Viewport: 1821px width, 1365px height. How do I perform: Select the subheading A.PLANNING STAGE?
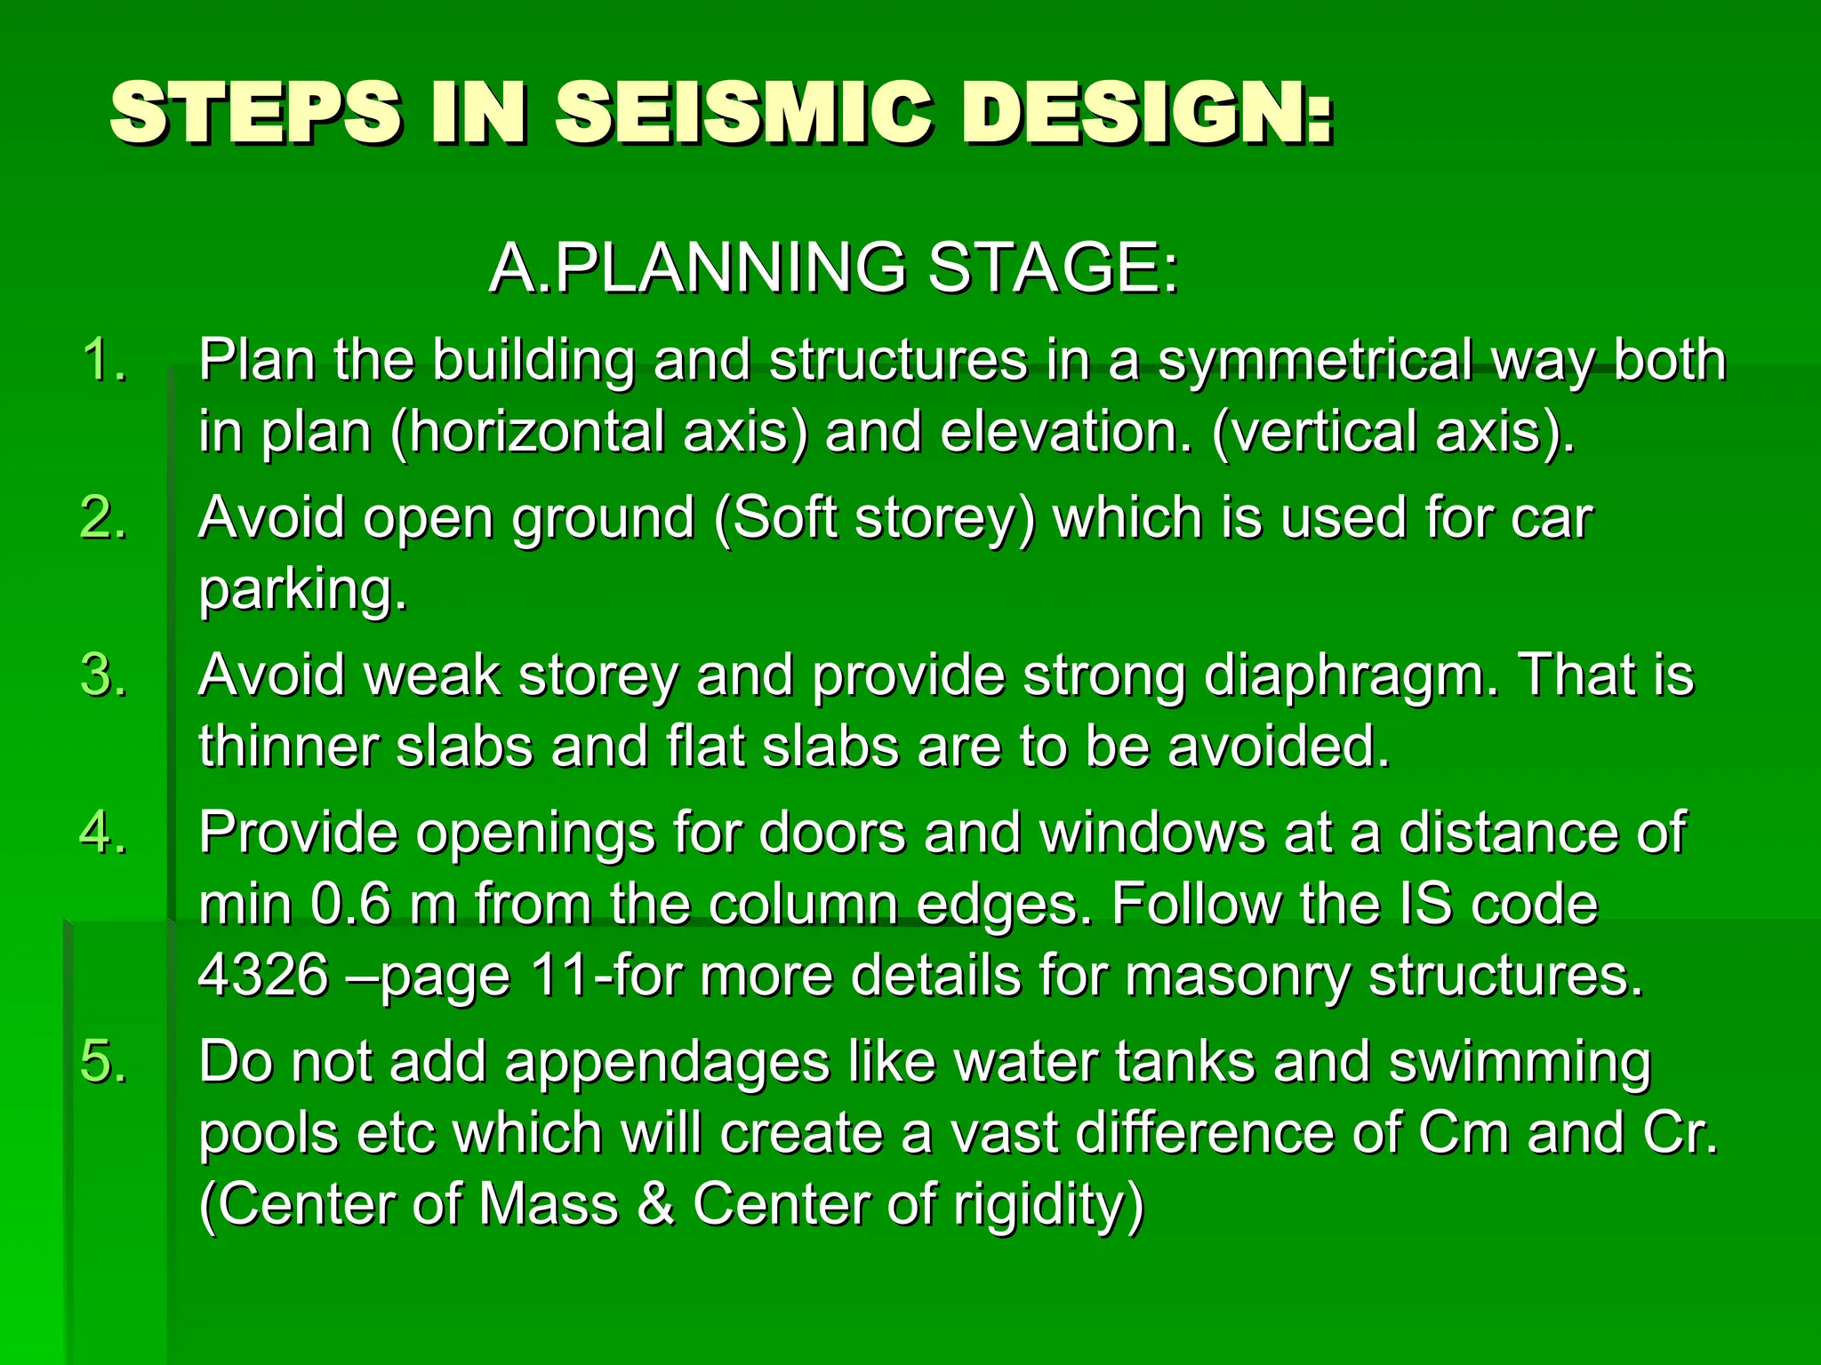click(x=833, y=267)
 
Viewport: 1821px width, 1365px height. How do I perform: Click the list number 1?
click(x=104, y=361)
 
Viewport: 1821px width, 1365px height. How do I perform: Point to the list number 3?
click(x=104, y=675)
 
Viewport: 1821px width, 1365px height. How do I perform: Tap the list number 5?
click(x=104, y=1062)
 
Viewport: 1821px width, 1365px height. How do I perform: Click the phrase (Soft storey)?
click(x=875, y=518)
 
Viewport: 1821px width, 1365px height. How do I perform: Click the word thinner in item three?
click(x=288, y=746)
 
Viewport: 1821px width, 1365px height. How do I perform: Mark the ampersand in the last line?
click(x=655, y=1205)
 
